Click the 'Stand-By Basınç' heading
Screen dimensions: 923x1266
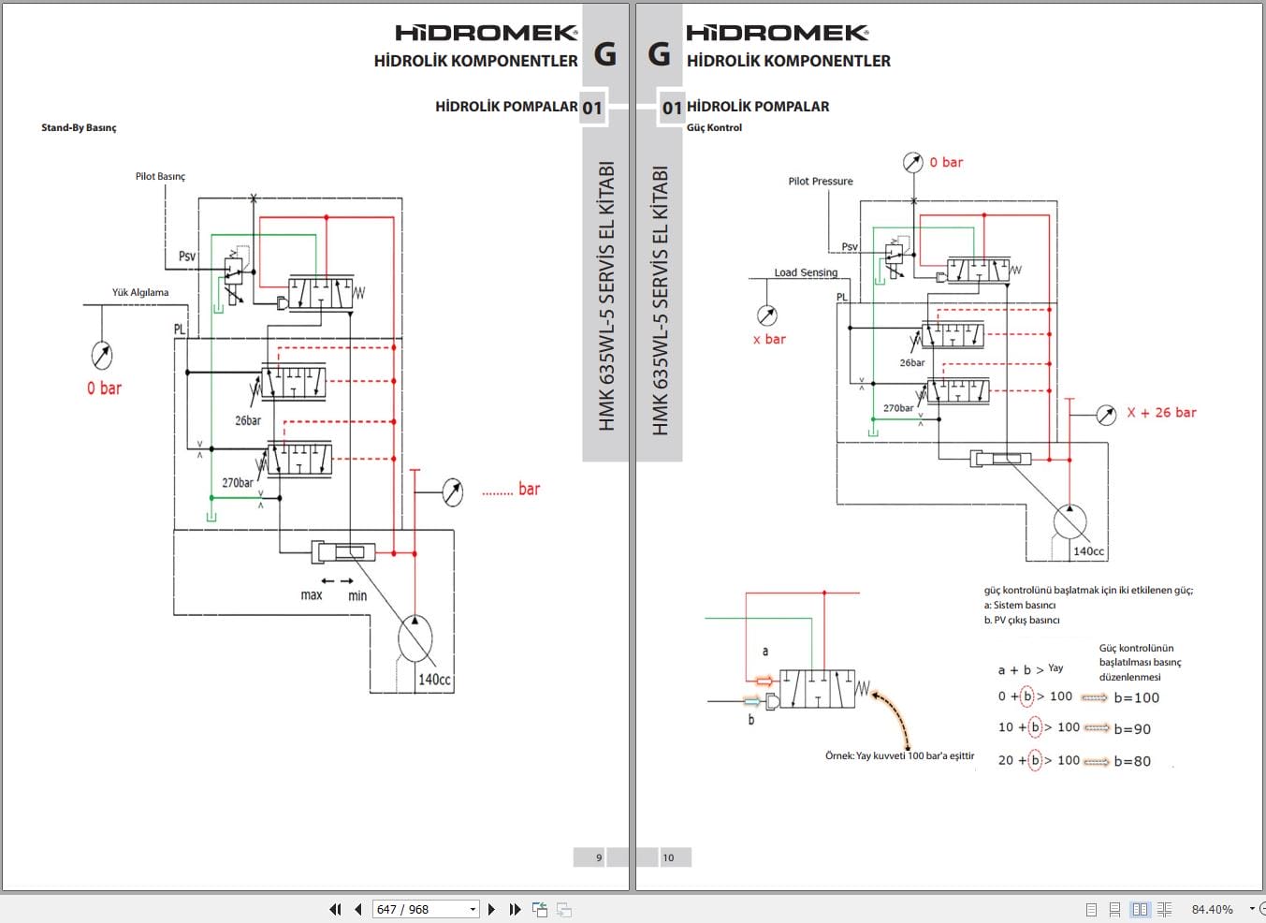tap(79, 127)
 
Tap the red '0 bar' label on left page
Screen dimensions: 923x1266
tap(104, 388)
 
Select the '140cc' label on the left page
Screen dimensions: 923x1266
tap(434, 680)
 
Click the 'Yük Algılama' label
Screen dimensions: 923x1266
tap(140, 292)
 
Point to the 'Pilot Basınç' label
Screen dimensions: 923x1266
tap(160, 176)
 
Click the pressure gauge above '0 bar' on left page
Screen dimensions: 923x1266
tap(102, 355)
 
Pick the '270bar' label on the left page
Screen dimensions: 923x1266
tap(237, 483)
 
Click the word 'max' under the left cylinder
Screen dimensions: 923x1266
tap(312, 595)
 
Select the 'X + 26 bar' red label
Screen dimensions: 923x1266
tap(1161, 413)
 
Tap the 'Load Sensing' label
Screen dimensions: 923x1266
tap(806, 272)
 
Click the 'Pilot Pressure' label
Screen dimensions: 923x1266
tap(821, 182)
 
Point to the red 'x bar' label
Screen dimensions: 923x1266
tap(769, 340)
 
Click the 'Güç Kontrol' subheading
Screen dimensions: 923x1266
tap(714, 127)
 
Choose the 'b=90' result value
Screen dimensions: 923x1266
tap(1132, 729)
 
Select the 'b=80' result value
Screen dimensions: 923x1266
tap(1132, 762)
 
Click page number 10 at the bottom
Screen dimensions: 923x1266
tap(668, 857)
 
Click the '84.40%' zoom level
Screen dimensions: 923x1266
tap(1212, 909)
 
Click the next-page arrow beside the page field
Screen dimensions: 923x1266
tap(492, 909)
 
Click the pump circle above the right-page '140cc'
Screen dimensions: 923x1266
tap(1070, 522)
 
